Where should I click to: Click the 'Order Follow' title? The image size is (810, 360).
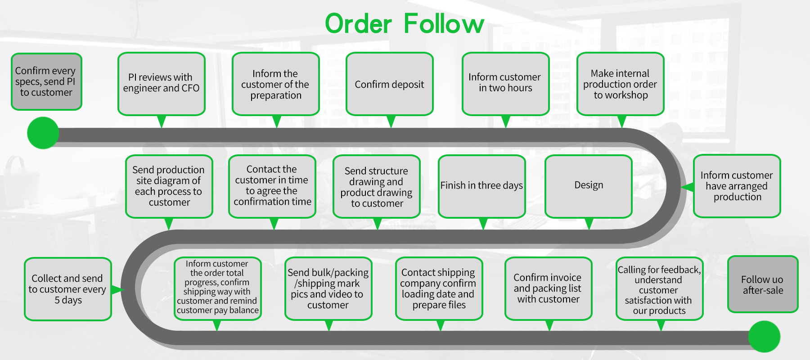coord(405,24)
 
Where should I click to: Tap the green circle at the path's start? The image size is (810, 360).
coord(43,133)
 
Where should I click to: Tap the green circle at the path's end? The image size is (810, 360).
coord(764,337)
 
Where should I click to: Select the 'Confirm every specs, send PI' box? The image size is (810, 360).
coord(46,81)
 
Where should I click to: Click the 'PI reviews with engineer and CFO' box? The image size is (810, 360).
coord(162,84)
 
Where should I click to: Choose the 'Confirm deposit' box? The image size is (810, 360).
coord(390,84)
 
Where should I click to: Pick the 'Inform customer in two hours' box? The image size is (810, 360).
coord(506,84)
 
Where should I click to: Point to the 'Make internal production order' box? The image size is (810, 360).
coord(621,84)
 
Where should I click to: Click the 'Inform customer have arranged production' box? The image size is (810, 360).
coord(737,186)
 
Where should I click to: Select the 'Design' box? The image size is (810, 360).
coord(589,186)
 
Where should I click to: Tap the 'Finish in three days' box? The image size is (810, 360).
coord(482,186)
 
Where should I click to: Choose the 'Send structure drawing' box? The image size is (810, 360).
coord(377,186)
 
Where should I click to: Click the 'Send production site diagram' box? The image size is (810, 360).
coord(169,186)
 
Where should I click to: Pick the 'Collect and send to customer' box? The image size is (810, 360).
coord(68,289)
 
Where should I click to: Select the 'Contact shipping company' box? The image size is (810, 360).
coord(439,288)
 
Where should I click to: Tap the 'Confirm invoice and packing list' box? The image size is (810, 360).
coord(549,288)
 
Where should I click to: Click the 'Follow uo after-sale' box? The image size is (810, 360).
coord(763,284)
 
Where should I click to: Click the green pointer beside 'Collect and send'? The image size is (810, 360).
coord(117,289)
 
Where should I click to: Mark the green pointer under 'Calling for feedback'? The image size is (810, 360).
coord(661,325)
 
